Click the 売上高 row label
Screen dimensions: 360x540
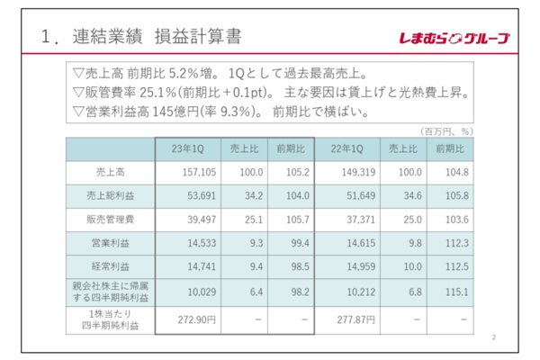point(110,171)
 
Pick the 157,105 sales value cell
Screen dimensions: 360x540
point(194,171)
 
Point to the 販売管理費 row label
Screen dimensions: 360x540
point(110,218)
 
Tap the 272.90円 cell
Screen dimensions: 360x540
point(194,319)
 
